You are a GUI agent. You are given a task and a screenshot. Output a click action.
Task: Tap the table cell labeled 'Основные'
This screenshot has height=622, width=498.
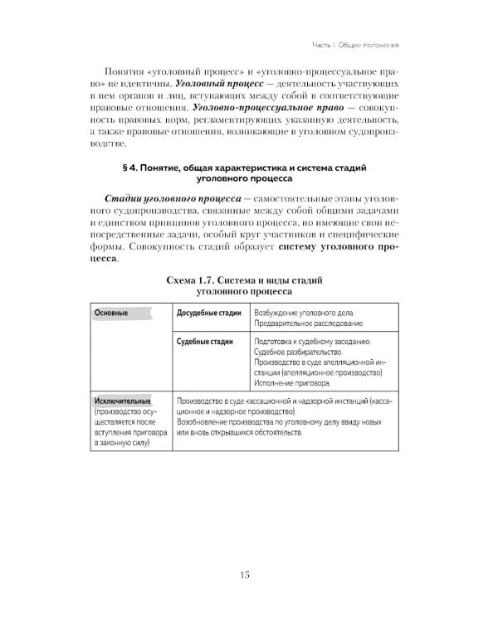111,314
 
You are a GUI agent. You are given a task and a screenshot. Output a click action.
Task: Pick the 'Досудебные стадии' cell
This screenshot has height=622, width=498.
209,314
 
